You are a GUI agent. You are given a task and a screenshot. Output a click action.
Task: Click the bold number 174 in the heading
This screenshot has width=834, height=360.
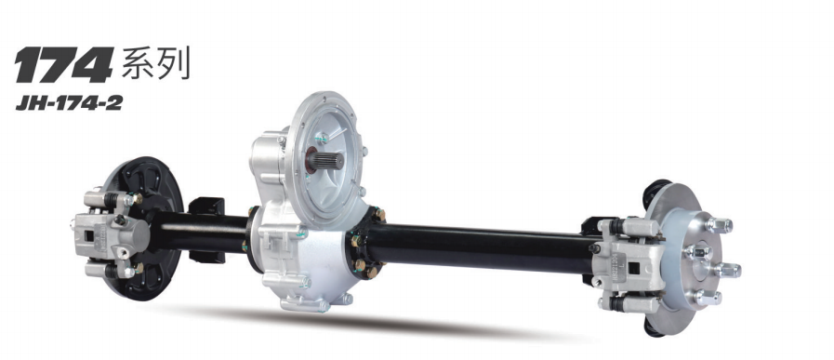(64, 65)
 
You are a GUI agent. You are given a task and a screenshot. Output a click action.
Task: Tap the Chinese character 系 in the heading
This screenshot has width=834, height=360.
(139, 63)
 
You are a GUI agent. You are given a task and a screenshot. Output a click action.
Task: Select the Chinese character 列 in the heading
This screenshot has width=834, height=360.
(174, 63)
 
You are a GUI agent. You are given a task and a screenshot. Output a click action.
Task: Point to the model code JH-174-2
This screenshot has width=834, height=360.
(69, 103)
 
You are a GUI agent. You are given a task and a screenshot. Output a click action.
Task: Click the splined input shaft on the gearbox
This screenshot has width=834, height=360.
(325, 161)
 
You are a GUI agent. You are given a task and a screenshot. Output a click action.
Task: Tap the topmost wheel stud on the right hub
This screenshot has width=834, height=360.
(718, 225)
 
